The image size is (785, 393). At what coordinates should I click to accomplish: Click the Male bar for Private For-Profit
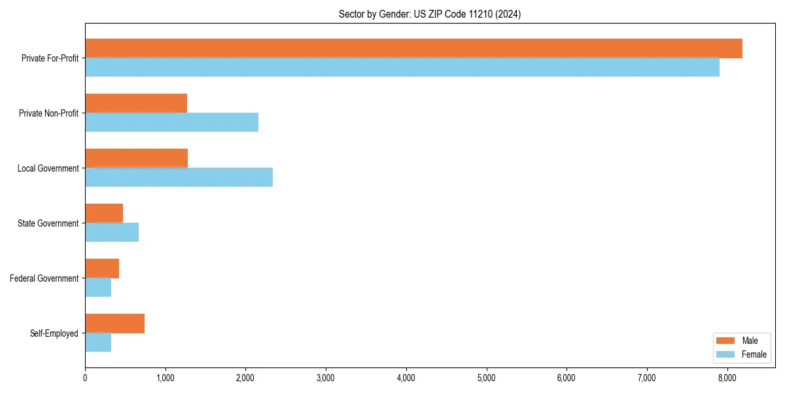[x=413, y=48]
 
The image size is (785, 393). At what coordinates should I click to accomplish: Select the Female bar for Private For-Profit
[x=402, y=67]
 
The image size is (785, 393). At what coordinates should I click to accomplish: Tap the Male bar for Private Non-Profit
[x=136, y=103]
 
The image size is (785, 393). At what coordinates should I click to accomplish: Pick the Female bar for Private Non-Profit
[x=171, y=122]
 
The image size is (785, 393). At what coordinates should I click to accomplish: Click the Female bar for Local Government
[x=179, y=178]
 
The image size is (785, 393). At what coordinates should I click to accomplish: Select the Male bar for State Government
[x=104, y=214]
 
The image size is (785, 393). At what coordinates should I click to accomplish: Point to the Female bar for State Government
[x=112, y=233]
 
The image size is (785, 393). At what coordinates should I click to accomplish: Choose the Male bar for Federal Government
[x=102, y=269]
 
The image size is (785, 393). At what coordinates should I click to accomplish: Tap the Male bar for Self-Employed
[x=114, y=324]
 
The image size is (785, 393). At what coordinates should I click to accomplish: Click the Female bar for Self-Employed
[x=98, y=343]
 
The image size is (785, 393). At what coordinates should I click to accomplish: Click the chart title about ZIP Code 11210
[x=430, y=14]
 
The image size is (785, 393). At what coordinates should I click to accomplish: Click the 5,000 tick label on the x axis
[x=486, y=377]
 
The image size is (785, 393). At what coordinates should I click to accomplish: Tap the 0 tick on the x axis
[x=85, y=377]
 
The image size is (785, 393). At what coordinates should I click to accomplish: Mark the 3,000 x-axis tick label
[x=326, y=377]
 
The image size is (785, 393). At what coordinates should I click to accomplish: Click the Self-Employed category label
[x=54, y=333]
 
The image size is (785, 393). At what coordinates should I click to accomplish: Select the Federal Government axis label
[x=44, y=278]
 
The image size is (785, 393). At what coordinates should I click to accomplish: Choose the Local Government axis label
[x=48, y=168]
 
